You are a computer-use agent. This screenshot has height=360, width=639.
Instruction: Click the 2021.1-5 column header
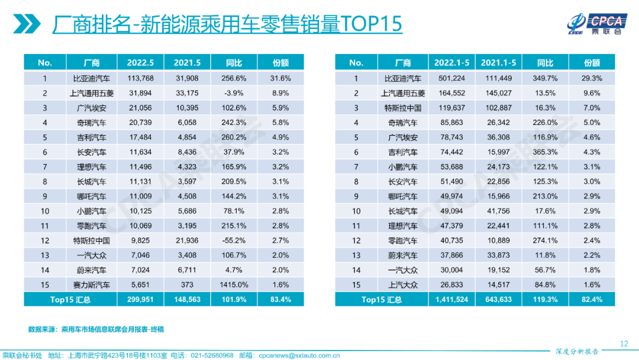pyautogui.click(x=498, y=63)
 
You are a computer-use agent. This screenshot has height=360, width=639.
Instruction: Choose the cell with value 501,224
pyautogui.click(x=451, y=78)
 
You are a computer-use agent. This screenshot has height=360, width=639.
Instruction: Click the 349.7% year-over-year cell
pyautogui.click(x=545, y=78)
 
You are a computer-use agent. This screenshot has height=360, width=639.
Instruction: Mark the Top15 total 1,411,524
pyautogui.click(x=451, y=300)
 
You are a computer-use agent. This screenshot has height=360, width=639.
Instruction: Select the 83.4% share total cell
pyautogui.click(x=280, y=300)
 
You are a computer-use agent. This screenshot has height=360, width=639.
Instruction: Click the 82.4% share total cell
pyautogui.click(x=592, y=300)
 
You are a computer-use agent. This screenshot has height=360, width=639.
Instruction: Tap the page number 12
pyautogui.click(x=624, y=344)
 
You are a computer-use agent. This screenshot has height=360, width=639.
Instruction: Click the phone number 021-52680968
pyautogui.click(x=211, y=355)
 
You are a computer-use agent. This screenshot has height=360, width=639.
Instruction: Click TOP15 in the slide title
pyautogui.click(x=372, y=24)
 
